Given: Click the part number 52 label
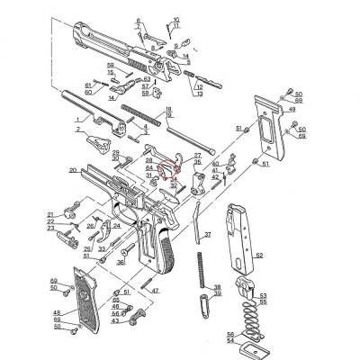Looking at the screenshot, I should click(260, 256).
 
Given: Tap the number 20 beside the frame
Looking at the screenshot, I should click(72, 169).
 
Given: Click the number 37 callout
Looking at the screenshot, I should click(208, 234).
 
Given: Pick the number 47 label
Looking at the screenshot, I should click(156, 291).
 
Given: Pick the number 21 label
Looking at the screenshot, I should click(51, 213).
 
